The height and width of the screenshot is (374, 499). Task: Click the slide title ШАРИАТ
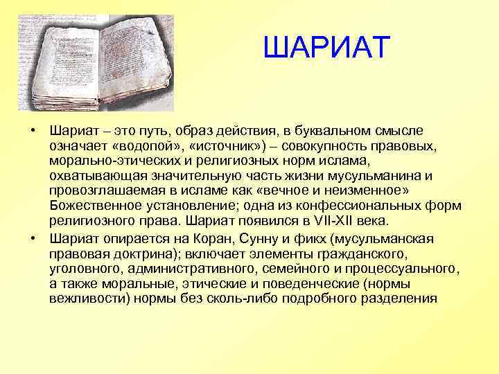click(327, 48)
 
